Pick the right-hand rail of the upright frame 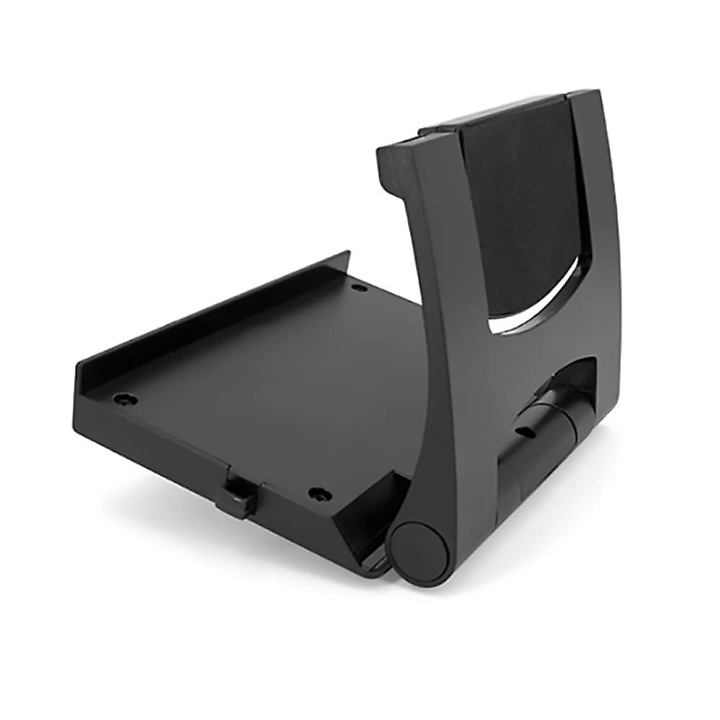point(594,240)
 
